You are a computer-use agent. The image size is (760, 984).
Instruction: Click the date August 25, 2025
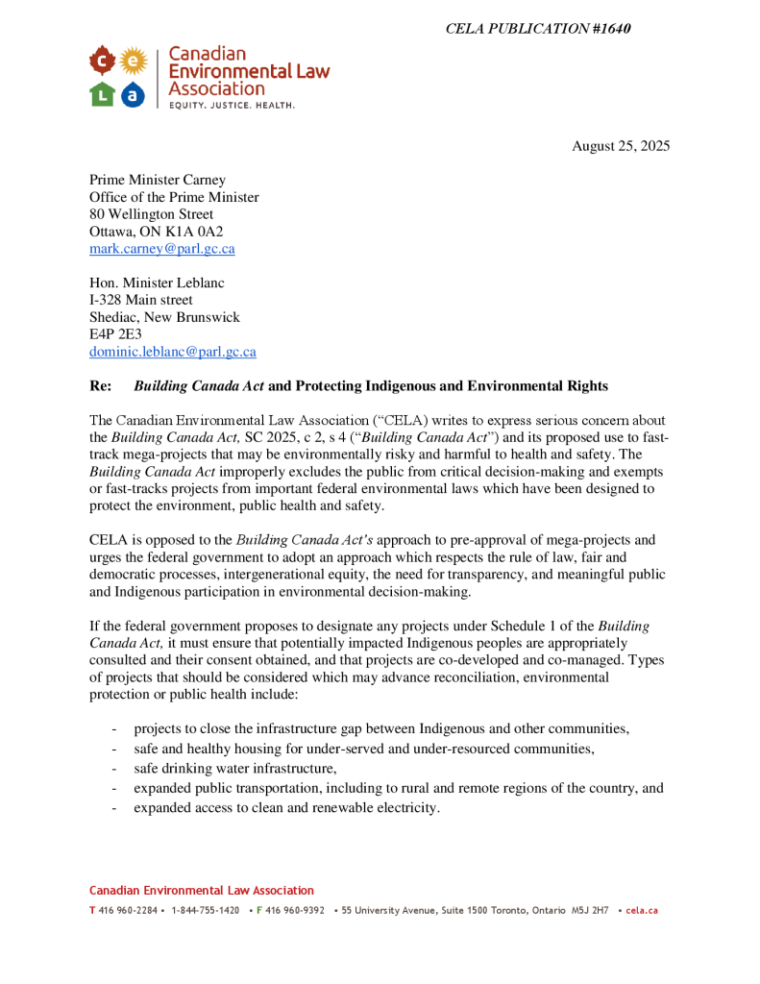point(621,146)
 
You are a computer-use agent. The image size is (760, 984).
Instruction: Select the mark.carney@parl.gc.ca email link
point(161,248)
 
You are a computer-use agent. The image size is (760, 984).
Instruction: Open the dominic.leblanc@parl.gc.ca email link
point(173,352)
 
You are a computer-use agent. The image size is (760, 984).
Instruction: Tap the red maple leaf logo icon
point(103,62)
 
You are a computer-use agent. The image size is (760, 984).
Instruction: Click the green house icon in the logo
point(103,93)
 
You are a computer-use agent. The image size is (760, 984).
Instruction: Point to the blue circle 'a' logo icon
point(134,93)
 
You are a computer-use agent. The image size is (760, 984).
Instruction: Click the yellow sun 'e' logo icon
point(134,62)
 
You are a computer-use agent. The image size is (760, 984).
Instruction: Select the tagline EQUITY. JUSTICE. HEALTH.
point(232,104)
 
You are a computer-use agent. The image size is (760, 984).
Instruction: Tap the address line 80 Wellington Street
point(151,214)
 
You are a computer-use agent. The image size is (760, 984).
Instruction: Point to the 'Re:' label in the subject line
point(101,386)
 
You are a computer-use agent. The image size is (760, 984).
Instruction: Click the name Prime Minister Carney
point(157,180)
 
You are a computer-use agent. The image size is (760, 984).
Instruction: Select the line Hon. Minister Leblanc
point(157,283)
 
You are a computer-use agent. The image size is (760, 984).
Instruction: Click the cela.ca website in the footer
point(642,910)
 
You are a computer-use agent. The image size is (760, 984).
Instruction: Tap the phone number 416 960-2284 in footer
point(127,910)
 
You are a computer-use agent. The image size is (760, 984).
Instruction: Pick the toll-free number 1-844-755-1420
point(205,910)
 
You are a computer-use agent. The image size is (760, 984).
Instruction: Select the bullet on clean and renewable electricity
point(286,808)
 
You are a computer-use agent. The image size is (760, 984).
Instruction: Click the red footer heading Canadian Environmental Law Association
point(202,891)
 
